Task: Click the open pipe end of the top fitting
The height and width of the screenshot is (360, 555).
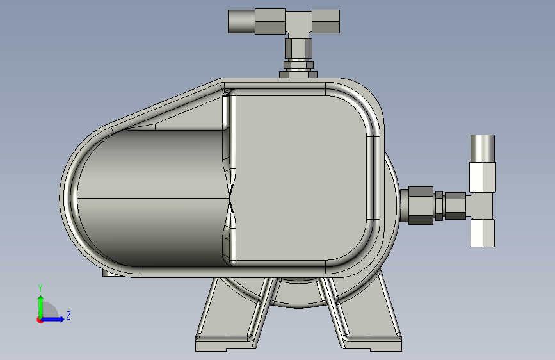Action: click(241, 22)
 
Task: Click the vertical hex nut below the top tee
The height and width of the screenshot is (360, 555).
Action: click(298, 48)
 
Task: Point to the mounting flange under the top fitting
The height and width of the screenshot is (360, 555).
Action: click(298, 74)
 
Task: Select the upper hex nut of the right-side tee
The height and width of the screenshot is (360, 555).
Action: click(482, 177)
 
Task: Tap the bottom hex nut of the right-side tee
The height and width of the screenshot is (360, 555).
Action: click(483, 233)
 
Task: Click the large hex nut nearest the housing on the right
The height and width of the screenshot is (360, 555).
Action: click(421, 205)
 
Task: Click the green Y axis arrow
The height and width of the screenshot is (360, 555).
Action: click(40, 305)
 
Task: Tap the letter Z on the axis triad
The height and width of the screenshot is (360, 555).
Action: click(68, 316)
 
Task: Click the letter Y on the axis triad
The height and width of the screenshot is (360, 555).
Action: click(40, 288)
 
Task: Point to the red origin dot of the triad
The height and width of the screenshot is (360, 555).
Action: click(40, 320)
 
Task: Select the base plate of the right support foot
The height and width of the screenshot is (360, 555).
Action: click(371, 344)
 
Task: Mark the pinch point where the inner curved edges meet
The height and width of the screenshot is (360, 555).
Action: click(230, 199)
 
